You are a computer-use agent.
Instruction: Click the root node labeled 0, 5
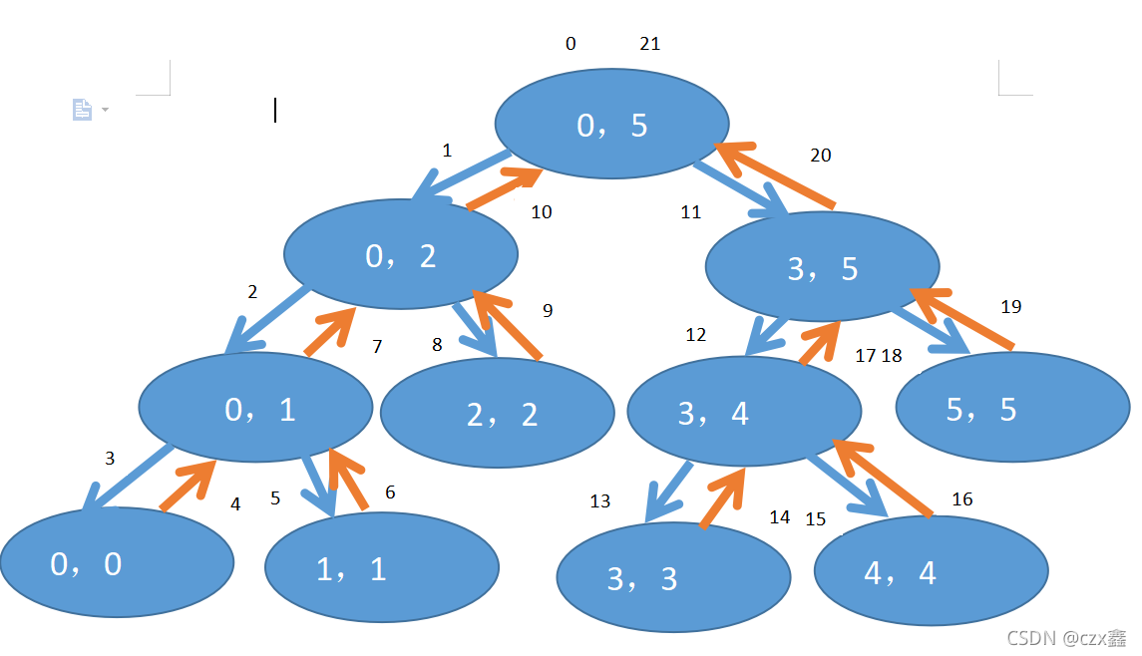click(x=612, y=124)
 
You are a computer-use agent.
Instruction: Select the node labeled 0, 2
click(x=401, y=254)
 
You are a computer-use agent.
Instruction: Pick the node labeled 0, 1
click(x=255, y=407)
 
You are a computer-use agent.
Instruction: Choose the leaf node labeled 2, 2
click(x=498, y=414)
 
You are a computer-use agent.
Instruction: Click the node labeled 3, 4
click(x=744, y=411)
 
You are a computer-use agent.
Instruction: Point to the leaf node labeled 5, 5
click(x=1012, y=407)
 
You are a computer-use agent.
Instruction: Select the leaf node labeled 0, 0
click(x=117, y=562)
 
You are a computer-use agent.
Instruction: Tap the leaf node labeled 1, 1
click(x=381, y=567)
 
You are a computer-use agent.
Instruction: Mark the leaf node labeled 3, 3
click(x=673, y=577)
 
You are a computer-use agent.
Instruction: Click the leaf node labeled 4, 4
click(x=932, y=571)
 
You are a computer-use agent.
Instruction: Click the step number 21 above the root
click(x=649, y=44)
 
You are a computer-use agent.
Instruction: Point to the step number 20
click(x=821, y=156)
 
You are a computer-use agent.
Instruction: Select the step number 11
click(x=690, y=212)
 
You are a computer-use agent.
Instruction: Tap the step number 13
click(x=599, y=501)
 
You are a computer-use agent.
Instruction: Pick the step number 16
click(x=962, y=499)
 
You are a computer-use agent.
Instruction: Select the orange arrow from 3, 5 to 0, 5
click(x=774, y=175)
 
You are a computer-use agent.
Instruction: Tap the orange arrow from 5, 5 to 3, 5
click(x=961, y=318)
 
